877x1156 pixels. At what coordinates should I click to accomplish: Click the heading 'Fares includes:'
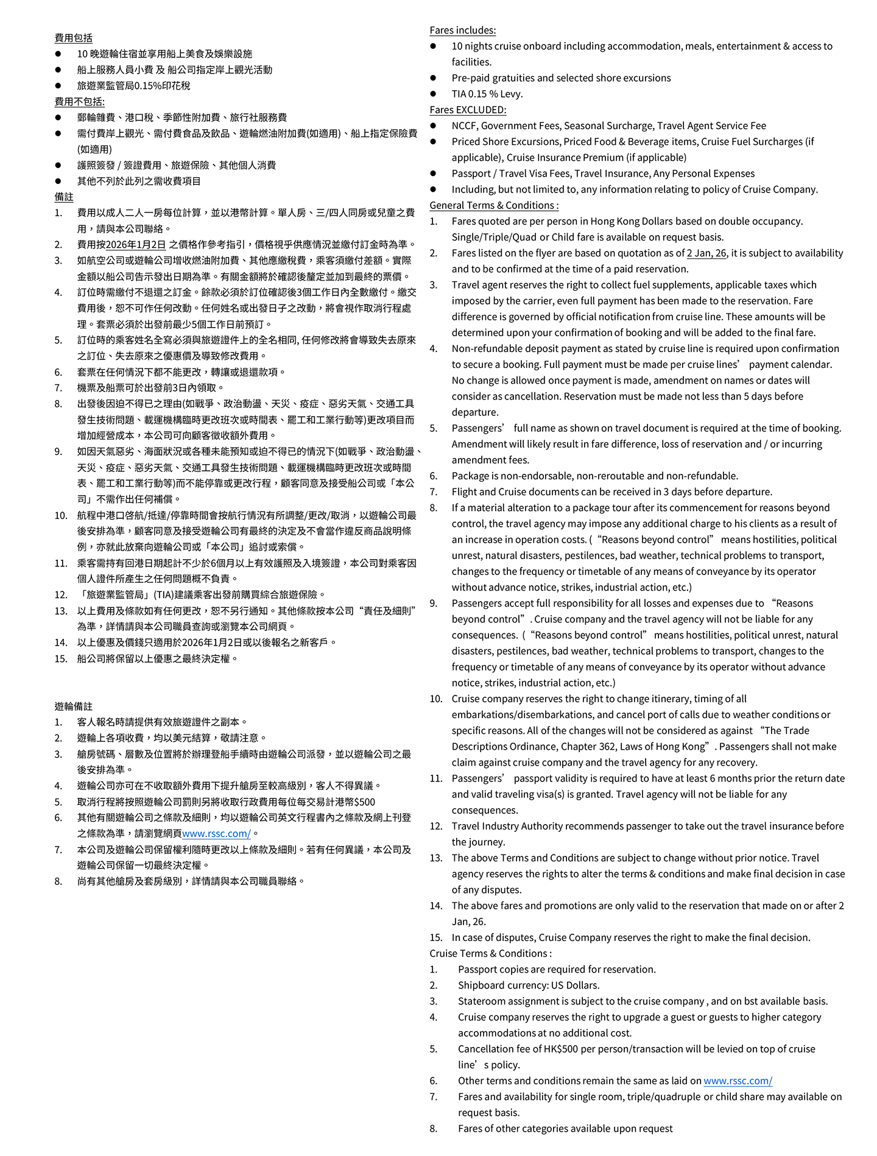462,30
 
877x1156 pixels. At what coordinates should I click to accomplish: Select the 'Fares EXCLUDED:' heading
468,110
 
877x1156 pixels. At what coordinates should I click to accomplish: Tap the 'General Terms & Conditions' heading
493,205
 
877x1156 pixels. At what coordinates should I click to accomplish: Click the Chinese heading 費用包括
74,38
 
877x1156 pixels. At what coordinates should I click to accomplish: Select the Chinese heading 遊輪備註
74,706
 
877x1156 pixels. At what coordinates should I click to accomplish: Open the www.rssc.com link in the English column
738,1080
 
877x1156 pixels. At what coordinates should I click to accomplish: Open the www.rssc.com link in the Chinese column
216,833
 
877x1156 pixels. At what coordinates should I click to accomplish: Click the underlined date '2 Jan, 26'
706,253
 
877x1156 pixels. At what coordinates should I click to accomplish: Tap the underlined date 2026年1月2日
136,244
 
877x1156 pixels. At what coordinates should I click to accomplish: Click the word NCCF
466,125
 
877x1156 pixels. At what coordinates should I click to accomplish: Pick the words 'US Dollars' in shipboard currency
575,985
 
